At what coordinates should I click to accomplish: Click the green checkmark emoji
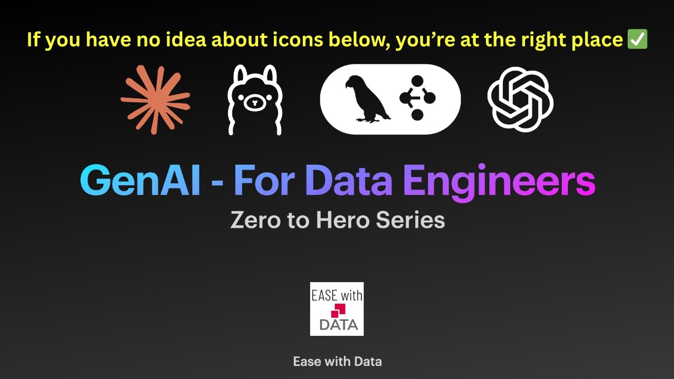638,39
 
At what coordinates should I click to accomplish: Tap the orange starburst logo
155,99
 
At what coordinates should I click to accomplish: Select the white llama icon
255,99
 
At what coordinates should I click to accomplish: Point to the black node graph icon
418,98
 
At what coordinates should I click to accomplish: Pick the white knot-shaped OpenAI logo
520,99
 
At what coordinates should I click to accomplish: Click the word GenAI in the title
140,181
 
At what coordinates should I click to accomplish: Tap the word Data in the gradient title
349,181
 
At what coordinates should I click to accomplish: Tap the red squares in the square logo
338,310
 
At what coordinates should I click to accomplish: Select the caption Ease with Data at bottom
337,362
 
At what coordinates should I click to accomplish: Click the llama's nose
255,103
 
